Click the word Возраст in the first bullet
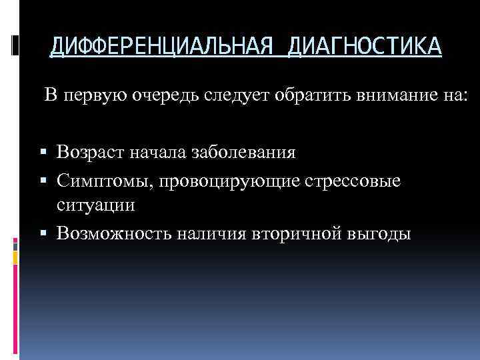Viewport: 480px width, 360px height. click(x=88, y=153)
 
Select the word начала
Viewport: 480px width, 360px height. click(x=156, y=153)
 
